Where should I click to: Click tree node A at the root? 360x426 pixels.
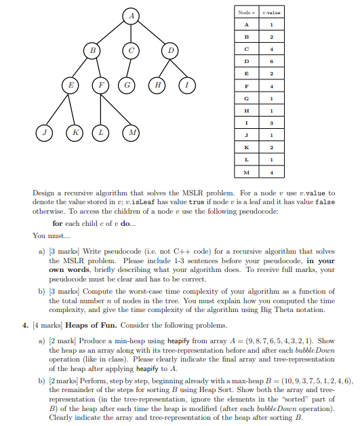tap(132, 16)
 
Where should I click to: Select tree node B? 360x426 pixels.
tap(92, 50)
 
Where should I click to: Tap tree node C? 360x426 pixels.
tap(132, 50)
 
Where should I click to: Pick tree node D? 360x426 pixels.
tap(171, 50)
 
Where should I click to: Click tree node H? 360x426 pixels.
tap(158, 88)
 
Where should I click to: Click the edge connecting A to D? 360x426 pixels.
tap(152, 33)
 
